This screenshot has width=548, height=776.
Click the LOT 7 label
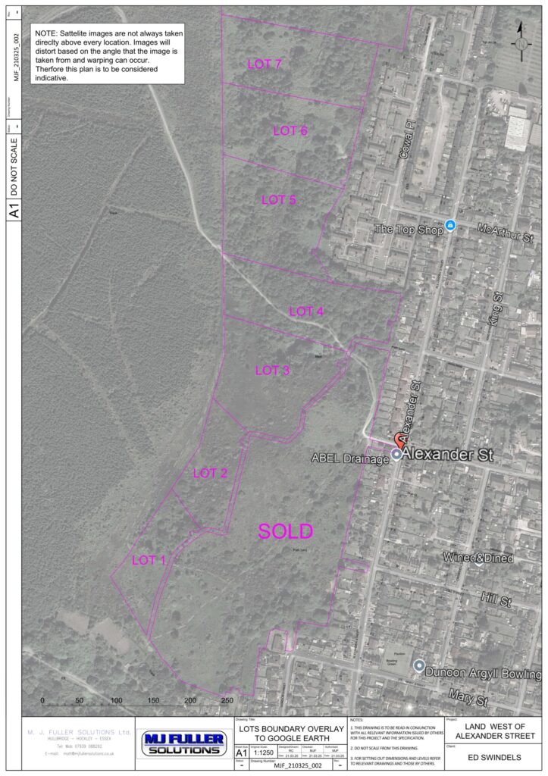265,64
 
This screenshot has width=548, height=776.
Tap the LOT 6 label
290,131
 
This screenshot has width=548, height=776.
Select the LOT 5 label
278,200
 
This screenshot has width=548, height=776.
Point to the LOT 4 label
306,311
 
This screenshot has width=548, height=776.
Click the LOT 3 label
272,371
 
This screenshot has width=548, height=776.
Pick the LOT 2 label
210,474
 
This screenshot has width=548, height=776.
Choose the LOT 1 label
149,561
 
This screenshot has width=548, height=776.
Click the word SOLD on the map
285,531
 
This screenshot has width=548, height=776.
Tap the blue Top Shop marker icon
450,225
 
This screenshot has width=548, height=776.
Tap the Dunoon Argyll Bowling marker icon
418,665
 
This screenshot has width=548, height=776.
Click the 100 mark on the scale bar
116,701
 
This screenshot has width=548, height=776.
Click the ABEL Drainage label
349,458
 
